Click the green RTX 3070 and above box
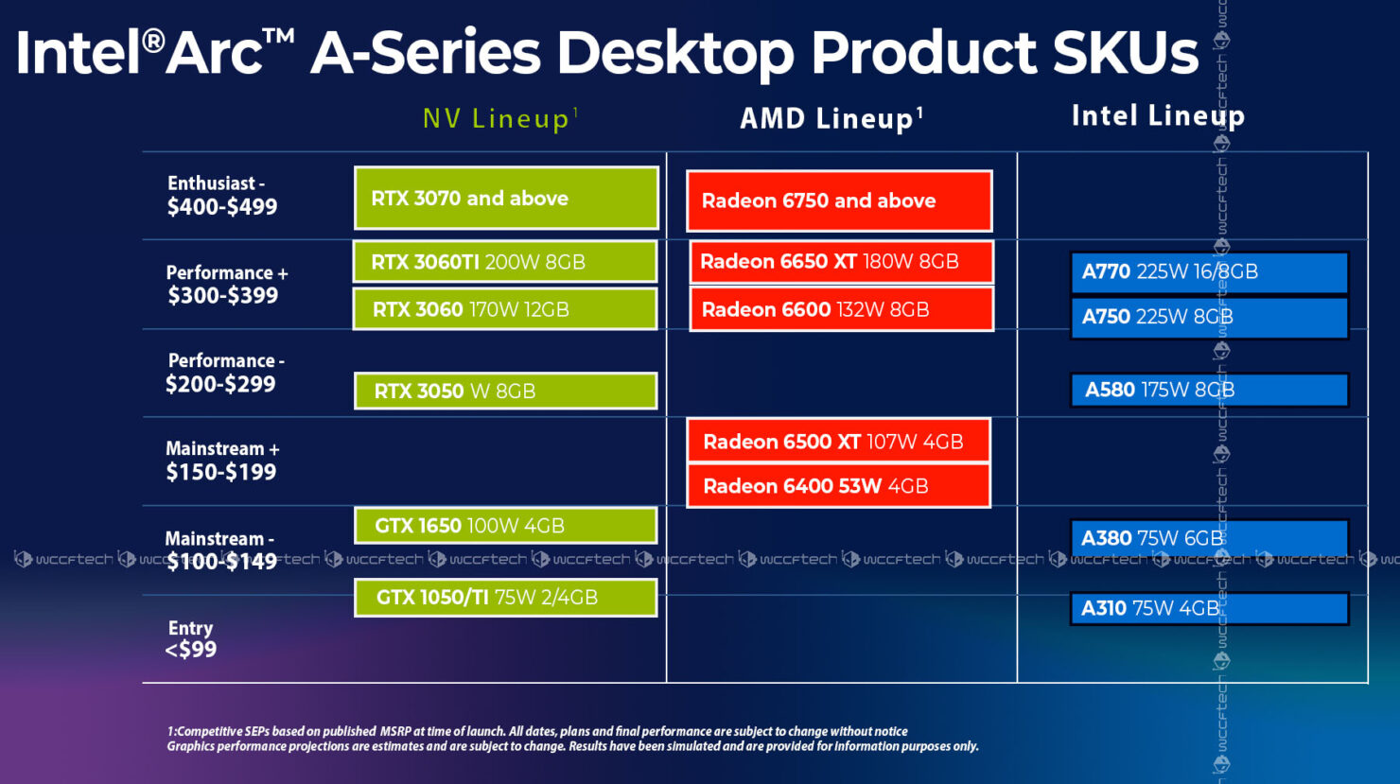pyautogui.click(x=506, y=198)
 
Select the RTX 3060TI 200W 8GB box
pyautogui.click(x=505, y=262)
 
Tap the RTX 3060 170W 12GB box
pyautogui.click(x=505, y=309)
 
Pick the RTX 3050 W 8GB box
pyautogui.click(x=505, y=391)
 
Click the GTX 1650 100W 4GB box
pyautogui.click(x=505, y=526)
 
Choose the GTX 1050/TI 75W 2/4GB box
pyautogui.click(x=505, y=598)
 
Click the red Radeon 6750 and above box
pyautogui.click(x=839, y=200)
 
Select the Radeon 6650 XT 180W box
pyautogui.click(x=841, y=262)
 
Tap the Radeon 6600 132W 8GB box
pyautogui.click(x=841, y=309)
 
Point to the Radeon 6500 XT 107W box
pyautogui.click(x=838, y=441)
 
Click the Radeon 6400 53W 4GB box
pyautogui.click(x=838, y=486)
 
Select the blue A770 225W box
pyautogui.click(x=1209, y=272)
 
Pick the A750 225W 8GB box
pyautogui.click(x=1209, y=318)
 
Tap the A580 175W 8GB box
pyautogui.click(x=1209, y=390)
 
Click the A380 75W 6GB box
pyautogui.click(x=1209, y=538)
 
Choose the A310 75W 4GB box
pyautogui.click(x=1209, y=608)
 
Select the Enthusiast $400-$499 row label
pyautogui.click(x=222, y=196)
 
